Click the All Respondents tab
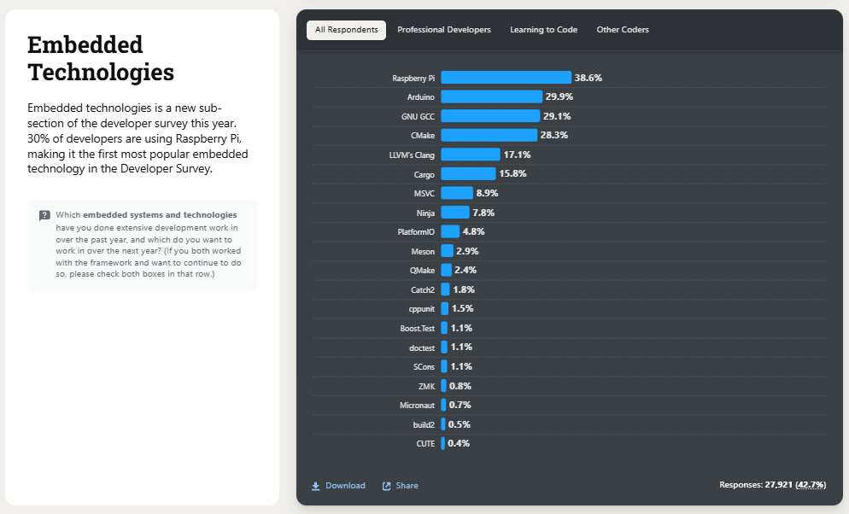[346, 30]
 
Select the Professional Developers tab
[444, 30]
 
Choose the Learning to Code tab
[543, 30]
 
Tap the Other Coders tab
[623, 30]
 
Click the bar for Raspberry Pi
[506, 78]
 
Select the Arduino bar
[491, 96]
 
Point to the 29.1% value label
[557, 116]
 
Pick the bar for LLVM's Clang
[470, 155]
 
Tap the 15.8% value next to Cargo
[512, 174]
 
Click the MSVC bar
[456, 193]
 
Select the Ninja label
[425, 213]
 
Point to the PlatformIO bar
[449, 231]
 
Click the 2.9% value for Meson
[467, 251]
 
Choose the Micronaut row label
[417, 405]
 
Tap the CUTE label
[425, 444]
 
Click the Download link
[338, 486]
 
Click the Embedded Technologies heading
[101, 58]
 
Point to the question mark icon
[44, 215]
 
